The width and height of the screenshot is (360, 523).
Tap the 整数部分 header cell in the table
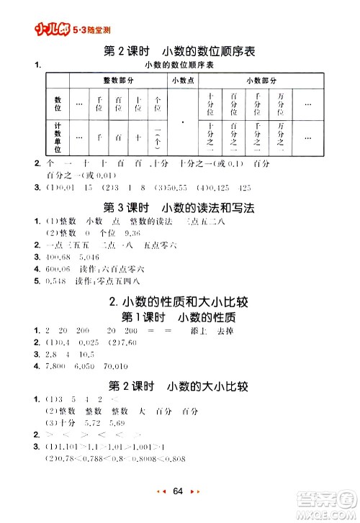tap(118, 81)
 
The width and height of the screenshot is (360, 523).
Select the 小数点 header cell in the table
tap(184, 81)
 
